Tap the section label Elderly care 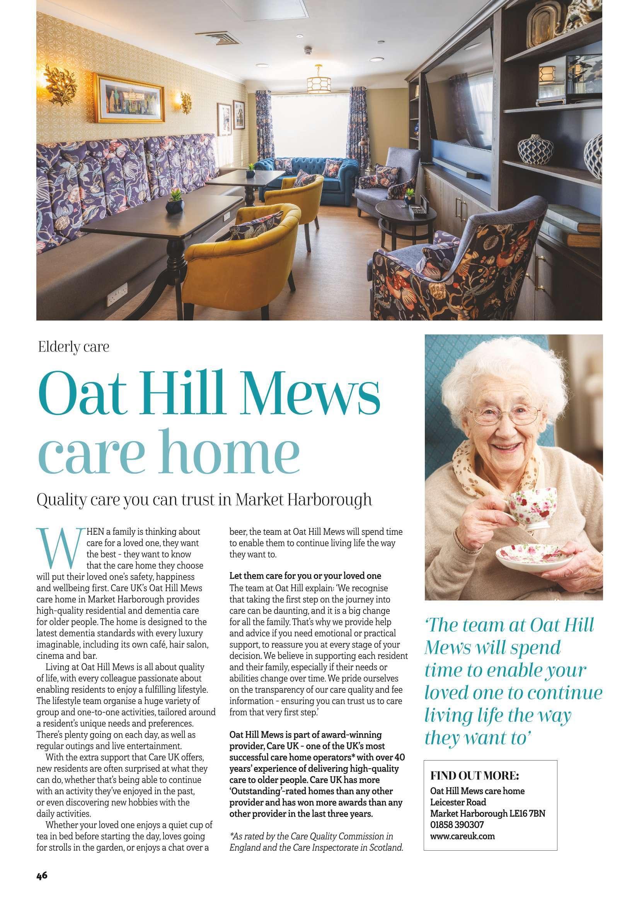(x=73, y=347)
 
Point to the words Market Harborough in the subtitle (x=303, y=500)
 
